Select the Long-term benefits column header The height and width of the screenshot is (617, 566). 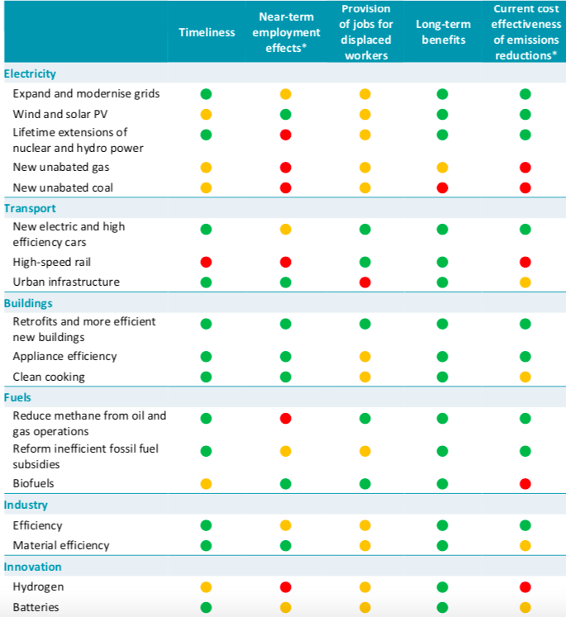442,40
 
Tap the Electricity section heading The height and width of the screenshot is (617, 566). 30,74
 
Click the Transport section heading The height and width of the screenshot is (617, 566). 30,208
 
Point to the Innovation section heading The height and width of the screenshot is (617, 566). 34,567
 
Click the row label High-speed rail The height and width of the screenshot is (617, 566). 51,262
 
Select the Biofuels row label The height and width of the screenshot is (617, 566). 33,483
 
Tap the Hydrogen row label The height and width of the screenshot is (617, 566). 38,586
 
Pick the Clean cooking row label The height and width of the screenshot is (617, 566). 49,377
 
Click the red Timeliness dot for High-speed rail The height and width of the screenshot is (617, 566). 206,262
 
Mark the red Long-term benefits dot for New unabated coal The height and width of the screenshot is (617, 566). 442,187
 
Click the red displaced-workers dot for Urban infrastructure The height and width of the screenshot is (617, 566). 364,282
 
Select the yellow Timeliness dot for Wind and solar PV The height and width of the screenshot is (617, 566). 206,113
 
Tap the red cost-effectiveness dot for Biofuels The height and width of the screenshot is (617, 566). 525,483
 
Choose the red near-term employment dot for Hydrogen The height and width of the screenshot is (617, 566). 286,586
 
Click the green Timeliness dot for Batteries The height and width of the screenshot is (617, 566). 206,607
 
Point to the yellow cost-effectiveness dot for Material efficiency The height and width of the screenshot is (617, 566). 525,545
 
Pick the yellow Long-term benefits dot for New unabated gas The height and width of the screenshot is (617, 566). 442,168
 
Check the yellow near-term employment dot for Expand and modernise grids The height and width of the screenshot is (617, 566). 286,93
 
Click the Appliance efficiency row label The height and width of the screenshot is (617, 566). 64,356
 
